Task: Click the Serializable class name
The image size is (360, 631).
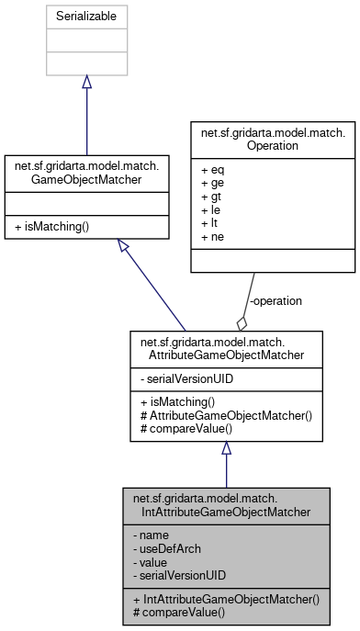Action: coord(86,16)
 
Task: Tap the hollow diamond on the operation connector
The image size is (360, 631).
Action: coord(242,322)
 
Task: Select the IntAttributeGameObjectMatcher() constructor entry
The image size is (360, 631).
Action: coord(226,598)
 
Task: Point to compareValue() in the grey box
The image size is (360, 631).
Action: coord(174,611)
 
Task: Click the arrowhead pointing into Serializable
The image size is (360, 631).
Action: coord(86,82)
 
